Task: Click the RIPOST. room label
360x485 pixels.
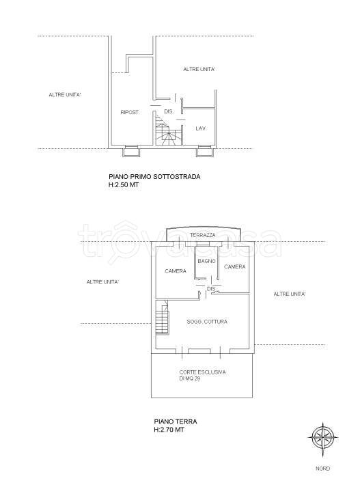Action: pos(130,112)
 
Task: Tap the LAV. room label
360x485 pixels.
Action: pos(201,128)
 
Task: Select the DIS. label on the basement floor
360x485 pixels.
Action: pos(169,111)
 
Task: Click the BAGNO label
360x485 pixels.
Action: pos(206,261)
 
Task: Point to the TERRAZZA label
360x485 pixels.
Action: pos(203,235)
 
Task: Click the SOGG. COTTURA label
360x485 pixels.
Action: pos(207,322)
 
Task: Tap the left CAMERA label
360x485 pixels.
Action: pos(176,271)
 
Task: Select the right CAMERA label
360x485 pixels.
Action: pos(235,266)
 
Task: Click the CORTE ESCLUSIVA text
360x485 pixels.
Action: pos(202,372)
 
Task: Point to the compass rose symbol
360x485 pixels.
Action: pos(323,437)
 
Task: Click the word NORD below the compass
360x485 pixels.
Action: pos(322,469)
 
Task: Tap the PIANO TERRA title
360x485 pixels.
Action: pos(176,421)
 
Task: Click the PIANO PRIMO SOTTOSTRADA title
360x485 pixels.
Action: pos(154,177)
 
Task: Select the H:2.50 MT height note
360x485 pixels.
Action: pos(124,185)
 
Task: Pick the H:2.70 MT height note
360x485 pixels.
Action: pos(169,430)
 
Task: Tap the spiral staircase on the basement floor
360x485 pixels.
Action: pos(167,129)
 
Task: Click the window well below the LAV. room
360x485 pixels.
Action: pos(204,151)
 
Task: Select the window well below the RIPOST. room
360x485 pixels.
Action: pos(131,151)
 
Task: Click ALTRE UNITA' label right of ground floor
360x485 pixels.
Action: pos(290,294)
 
